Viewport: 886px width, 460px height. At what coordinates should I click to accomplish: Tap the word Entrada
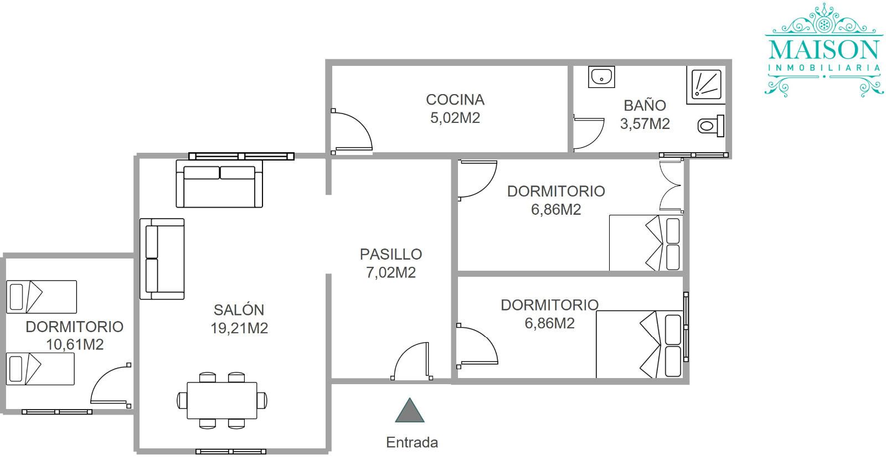[412, 442]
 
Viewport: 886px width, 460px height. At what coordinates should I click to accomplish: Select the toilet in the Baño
[711, 126]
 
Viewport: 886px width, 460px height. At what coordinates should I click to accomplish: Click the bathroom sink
[601, 77]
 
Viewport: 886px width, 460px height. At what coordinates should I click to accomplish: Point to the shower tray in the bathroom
[706, 85]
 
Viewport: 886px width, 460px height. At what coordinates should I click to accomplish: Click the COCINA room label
[455, 100]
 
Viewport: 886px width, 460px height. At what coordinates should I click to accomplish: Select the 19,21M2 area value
[239, 328]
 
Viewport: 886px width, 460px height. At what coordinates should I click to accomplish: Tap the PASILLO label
[391, 254]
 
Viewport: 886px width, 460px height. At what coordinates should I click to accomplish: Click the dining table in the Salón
[222, 400]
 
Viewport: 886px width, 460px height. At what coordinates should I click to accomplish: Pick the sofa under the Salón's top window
[219, 184]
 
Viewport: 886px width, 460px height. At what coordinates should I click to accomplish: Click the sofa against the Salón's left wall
[162, 259]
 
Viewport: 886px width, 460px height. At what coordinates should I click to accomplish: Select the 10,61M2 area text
[75, 344]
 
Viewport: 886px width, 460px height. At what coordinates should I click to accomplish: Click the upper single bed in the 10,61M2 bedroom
[42, 297]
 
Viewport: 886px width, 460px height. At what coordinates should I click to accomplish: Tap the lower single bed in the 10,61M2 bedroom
[40, 369]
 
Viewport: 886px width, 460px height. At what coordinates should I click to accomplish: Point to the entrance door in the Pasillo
[411, 360]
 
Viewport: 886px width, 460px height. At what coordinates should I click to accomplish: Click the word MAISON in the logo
[824, 51]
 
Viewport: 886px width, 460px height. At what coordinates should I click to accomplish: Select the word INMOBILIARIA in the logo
[824, 68]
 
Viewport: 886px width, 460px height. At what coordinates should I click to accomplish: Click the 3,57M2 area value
[645, 124]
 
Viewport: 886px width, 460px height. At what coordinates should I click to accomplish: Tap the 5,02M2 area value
[455, 118]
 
